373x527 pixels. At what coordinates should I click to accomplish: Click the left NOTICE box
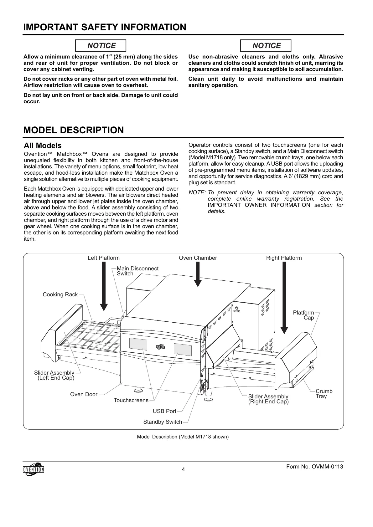coord(101,46)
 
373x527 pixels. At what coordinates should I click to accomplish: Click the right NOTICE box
coord(266,46)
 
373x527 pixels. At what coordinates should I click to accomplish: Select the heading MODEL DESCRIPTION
coord(74,130)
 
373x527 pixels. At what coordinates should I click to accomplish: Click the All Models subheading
coord(43,146)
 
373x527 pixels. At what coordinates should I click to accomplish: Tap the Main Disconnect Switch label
coord(137,271)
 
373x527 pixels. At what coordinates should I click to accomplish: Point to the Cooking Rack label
coord(60,294)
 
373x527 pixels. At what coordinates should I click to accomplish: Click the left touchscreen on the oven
coord(138,344)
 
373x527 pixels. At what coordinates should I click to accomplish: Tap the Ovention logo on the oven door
coord(160,346)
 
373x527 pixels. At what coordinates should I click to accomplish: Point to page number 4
coord(184,469)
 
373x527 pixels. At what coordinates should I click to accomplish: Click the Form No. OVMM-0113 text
coord(315,467)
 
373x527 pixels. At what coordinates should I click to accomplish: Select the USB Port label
coord(164,411)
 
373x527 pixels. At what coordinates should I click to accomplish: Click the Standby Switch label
coord(163,422)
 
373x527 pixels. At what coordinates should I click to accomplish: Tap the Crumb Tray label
coord(324,394)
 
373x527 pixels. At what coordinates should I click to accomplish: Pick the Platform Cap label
coord(303,315)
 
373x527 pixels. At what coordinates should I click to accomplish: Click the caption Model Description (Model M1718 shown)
coord(183,437)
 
